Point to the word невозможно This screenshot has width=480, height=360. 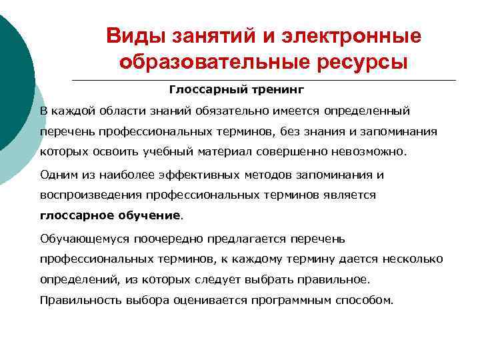373,151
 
